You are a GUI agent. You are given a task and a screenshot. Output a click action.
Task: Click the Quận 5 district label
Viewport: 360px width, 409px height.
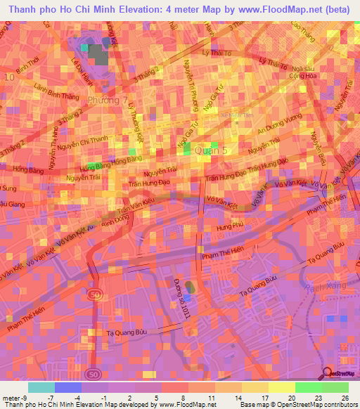[212, 150]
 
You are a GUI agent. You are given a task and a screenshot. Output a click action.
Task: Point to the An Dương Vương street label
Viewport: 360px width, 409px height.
[278, 124]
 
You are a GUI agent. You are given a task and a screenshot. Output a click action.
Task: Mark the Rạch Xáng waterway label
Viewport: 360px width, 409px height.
[319, 289]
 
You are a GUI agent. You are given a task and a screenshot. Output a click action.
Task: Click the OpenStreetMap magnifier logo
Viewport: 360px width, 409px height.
[328, 373]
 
